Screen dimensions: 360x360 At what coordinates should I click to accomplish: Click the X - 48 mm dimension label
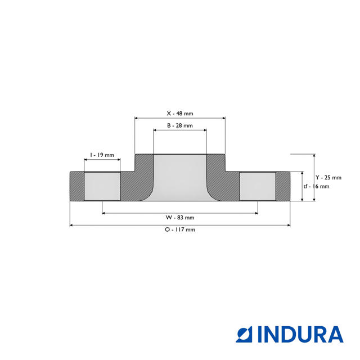pyautogui.click(x=180, y=113)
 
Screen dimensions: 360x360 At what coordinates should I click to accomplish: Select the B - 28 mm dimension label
pyautogui.click(x=180, y=125)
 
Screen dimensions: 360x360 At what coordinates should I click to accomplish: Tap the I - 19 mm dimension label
pyautogui.click(x=102, y=155)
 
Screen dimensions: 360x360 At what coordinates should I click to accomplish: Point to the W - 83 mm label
pyautogui.click(x=180, y=218)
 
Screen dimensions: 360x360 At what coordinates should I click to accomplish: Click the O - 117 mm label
pyautogui.click(x=180, y=229)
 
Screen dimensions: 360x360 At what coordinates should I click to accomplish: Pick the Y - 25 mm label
pyautogui.click(x=328, y=177)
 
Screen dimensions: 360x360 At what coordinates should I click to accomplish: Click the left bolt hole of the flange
pyautogui.click(x=102, y=186)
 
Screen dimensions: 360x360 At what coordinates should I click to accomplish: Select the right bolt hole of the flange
pyautogui.click(x=258, y=186)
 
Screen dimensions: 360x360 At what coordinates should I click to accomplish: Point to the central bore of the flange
pyautogui.click(x=180, y=177)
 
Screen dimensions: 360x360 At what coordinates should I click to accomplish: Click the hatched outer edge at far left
pyautogui.click(x=76, y=186)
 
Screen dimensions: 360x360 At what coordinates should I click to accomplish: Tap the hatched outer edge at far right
pyautogui.click(x=283, y=186)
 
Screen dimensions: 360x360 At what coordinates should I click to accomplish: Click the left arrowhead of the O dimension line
pyautogui.click(x=71, y=226)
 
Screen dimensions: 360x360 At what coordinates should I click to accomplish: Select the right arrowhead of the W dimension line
pyautogui.click(x=256, y=213)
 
